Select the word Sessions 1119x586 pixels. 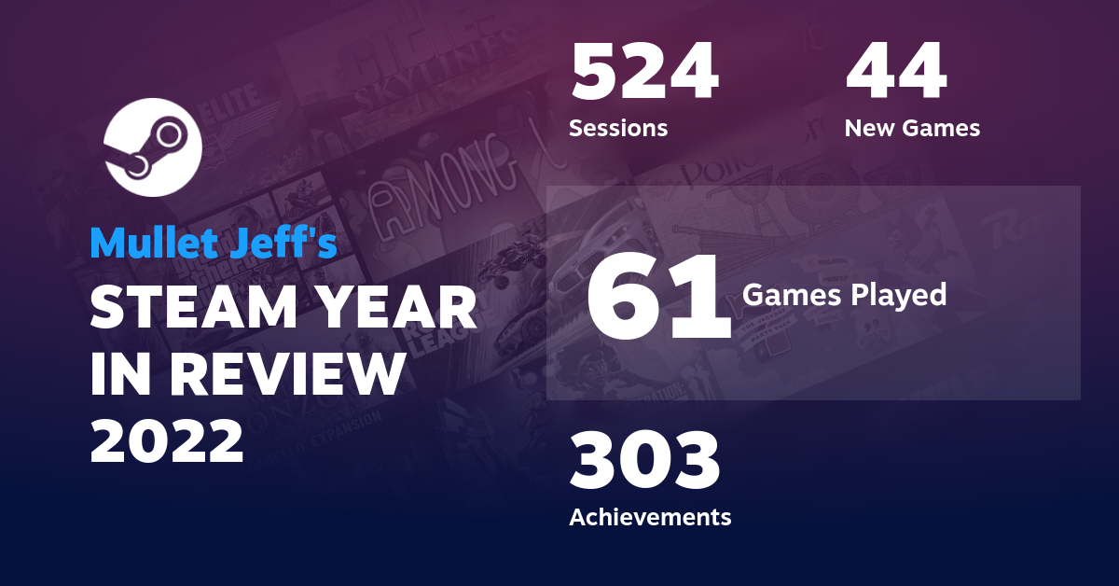point(618,128)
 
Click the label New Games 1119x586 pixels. point(912,128)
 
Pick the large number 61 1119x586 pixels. point(658,296)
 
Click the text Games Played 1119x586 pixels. point(844,295)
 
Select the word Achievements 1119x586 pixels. point(650,516)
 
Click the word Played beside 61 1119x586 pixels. point(899,295)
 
